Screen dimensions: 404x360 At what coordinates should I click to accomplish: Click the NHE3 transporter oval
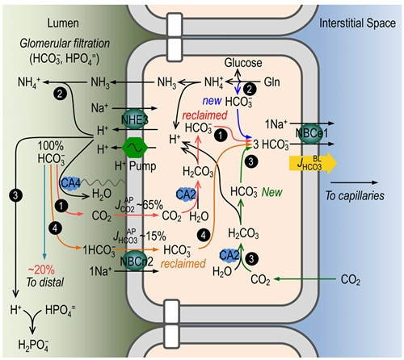point(134,119)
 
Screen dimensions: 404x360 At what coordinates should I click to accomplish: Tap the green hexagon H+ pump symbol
point(135,148)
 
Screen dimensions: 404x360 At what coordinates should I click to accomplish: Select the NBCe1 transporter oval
point(309,133)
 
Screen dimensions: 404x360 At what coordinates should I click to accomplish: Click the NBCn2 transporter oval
point(134,261)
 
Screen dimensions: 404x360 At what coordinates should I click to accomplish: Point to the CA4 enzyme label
point(71,183)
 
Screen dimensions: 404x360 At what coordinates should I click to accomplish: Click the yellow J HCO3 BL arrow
point(313,163)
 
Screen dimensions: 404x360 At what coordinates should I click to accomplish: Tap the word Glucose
point(243,63)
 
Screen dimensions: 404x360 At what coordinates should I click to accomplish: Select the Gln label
point(271,82)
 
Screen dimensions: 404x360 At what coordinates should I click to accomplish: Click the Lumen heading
point(63,23)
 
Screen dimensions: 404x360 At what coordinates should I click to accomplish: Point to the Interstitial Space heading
point(357,23)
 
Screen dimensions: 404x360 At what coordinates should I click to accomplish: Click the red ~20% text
point(41,270)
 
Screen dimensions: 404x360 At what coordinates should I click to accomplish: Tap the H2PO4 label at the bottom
point(33,345)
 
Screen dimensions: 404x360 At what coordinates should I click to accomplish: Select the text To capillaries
point(355,195)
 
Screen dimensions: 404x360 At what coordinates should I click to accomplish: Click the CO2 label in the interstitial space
point(351,280)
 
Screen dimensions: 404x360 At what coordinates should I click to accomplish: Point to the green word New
point(272,192)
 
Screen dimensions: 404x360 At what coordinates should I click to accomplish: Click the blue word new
point(212,101)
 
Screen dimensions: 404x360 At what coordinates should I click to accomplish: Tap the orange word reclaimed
point(183,263)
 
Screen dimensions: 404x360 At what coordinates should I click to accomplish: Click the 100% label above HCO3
point(50,146)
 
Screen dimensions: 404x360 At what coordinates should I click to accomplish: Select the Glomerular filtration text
point(65,44)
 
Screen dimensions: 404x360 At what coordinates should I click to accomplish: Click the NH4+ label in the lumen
point(29,82)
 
